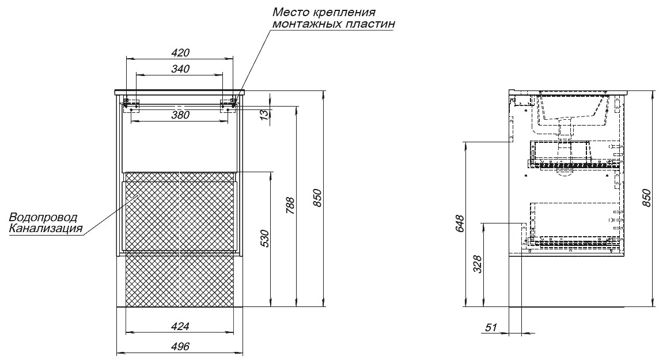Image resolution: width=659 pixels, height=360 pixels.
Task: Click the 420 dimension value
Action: click(180, 52)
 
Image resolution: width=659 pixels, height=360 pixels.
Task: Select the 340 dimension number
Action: click(180, 69)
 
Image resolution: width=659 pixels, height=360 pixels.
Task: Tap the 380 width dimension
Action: click(180, 115)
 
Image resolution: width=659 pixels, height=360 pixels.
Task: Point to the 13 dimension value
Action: click(263, 114)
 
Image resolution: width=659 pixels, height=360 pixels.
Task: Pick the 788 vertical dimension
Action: click(290, 206)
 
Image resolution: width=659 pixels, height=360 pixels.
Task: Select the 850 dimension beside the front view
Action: click(317, 198)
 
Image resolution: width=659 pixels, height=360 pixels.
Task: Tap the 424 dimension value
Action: click(180, 326)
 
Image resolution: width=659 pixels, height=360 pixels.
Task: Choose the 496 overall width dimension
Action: click(180, 346)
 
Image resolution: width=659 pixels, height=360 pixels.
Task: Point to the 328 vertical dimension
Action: click(478, 264)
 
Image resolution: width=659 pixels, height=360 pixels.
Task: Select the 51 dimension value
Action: click(491, 327)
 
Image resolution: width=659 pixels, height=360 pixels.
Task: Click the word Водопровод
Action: click(43, 218)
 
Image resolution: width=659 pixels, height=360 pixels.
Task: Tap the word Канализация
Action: click(46, 229)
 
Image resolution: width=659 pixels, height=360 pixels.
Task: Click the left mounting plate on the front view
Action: click(131, 104)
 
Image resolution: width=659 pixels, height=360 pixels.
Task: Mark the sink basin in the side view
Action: click(574, 109)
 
